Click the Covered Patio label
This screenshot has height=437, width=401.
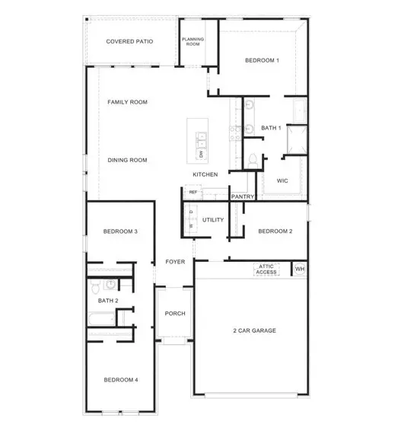[x=129, y=41]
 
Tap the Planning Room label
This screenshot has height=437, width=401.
[x=193, y=42]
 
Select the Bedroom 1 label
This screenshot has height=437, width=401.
[x=262, y=60]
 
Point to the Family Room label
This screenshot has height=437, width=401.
[x=127, y=102]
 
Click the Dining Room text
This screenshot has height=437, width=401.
[x=127, y=160]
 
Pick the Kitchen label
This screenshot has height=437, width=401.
[x=205, y=174]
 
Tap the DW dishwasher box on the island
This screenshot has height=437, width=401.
[x=202, y=155]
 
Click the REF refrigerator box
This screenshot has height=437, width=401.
[x=193, y=192]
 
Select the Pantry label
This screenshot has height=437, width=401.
[x=243, y=197]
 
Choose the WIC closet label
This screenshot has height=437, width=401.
[x=282, y=181]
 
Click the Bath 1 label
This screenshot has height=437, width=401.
[x=271, y=128]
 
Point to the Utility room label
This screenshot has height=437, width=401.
[x=213, y=220]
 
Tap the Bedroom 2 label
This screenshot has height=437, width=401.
[x=275, y=231]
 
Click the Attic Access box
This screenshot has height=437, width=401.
[x=266, y=270]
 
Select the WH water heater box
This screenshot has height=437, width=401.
[x=299, y=270]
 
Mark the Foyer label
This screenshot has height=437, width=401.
[x=175, y=262]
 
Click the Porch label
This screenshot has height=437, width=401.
[x=175, y=314]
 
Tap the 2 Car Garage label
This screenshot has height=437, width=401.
[x=254, y=330]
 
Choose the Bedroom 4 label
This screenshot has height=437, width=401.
[x=120, y=380]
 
